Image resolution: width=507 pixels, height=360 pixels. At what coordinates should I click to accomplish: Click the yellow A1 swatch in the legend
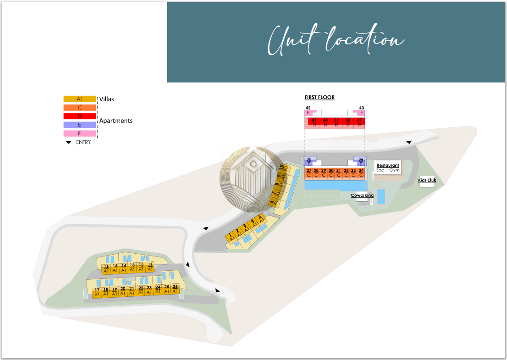point(80,99)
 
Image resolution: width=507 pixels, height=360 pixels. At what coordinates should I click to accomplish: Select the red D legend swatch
point(80,116)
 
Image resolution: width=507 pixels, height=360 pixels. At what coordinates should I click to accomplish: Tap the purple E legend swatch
point(80,125)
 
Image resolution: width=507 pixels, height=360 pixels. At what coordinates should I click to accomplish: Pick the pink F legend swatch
point(80,134)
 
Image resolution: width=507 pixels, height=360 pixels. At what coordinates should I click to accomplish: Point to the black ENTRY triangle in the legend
point(69,143)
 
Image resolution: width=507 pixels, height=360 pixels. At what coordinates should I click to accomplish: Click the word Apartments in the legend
point(116,121)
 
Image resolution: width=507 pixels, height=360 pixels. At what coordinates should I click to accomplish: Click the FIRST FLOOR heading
point(320,97)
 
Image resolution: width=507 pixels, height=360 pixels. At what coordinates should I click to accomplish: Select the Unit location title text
point(336,40)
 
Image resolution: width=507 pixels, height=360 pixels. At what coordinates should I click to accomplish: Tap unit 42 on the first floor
point(309,111)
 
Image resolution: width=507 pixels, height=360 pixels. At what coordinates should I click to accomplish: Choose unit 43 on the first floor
point(361,111)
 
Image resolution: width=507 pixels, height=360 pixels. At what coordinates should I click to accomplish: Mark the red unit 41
point(314,122)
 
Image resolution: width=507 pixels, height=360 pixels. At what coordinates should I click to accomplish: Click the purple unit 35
point(309,161)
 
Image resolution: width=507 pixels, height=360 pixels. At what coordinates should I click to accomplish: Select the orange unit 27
point(309,173)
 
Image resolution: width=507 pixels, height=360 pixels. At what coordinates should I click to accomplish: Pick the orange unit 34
point(361,173)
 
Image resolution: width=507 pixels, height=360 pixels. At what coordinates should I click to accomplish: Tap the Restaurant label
point(388,165)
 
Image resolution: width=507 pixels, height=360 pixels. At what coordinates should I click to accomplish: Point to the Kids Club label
point(427,181)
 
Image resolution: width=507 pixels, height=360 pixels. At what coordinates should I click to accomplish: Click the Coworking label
point(362,195)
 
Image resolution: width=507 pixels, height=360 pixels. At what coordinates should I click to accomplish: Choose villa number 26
point(175,289)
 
